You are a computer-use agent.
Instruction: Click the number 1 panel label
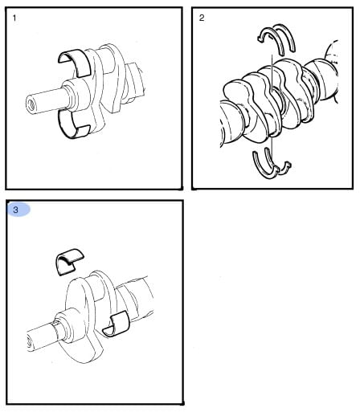click(x=14, y=18)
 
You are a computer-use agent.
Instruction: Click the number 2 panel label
click(x=202, y=18)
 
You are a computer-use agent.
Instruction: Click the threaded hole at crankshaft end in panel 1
click(x=31, y=104)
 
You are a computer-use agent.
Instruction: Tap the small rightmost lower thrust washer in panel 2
click(x=284, y=167)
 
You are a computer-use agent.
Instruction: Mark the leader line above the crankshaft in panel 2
click(x=272, y=73)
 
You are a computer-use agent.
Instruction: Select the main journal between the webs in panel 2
click(x=279, y=103)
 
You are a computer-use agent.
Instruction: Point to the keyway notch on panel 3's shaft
click(x=57, y=324)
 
